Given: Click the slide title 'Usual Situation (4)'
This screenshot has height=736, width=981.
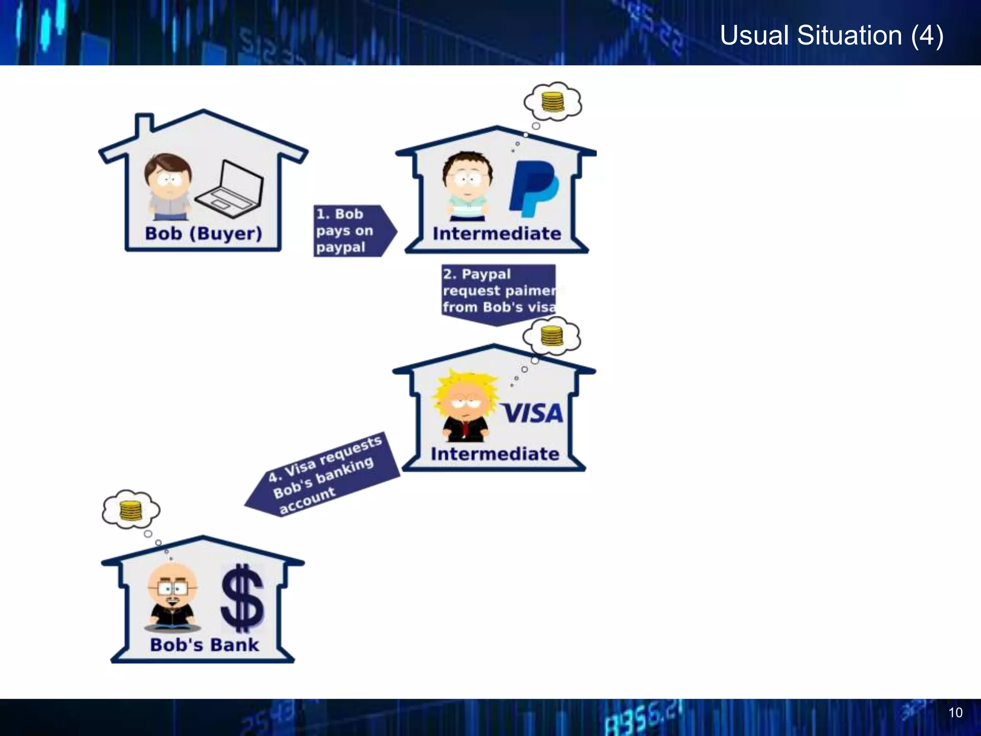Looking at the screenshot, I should [832, 35].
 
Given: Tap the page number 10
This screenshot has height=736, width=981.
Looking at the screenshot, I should [955, 713].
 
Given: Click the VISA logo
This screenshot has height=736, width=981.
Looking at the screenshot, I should [532, 413].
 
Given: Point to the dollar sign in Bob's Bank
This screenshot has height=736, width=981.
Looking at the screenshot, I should [242, 598].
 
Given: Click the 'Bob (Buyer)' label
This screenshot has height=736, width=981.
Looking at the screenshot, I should [204, 233].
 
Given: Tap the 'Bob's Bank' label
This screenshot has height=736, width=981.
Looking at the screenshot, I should [205, 644].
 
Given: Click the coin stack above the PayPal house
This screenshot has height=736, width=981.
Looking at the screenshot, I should [553, 102].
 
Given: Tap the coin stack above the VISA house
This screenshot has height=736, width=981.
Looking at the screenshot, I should [552, 335].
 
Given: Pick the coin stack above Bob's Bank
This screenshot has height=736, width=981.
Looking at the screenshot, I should [131, 510].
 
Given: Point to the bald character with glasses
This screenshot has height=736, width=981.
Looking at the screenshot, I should [172, 597].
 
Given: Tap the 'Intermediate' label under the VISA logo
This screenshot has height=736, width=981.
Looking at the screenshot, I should [495, 454].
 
